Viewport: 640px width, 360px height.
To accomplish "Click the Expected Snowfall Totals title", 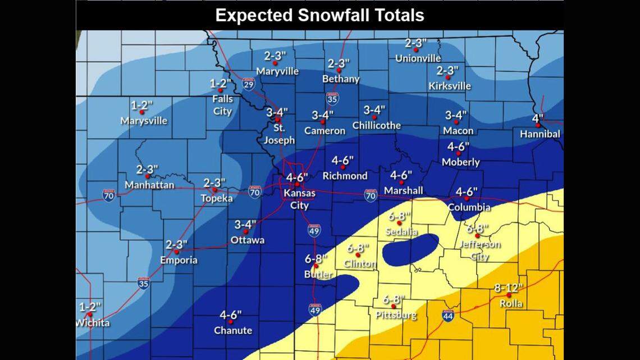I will pos(319,15).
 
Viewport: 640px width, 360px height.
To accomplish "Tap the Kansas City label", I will pos(299,199).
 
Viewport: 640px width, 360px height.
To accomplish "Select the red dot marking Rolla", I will pos(509,295).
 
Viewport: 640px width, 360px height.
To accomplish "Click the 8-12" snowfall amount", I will pos(508,287).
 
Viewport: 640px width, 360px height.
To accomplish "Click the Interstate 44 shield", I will pos(448,316).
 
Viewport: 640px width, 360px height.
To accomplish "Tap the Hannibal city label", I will pos(540,134).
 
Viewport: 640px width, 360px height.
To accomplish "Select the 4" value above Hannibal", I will pos(538,119).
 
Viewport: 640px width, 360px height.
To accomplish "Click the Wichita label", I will pos(93,323).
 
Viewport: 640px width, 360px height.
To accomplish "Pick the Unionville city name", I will pos(418,58).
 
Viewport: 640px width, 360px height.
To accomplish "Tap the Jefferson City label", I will pos(479,250).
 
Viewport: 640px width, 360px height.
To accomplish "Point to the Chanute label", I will pos(232,330).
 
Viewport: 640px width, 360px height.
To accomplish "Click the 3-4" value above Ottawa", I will pos(245,225).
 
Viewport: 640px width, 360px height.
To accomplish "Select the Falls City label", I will pos(222,105).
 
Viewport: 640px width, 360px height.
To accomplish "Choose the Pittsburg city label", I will pos(396,315).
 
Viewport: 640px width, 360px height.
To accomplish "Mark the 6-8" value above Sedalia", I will pos(399,216).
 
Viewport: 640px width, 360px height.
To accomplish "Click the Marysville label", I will pos(144,121).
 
